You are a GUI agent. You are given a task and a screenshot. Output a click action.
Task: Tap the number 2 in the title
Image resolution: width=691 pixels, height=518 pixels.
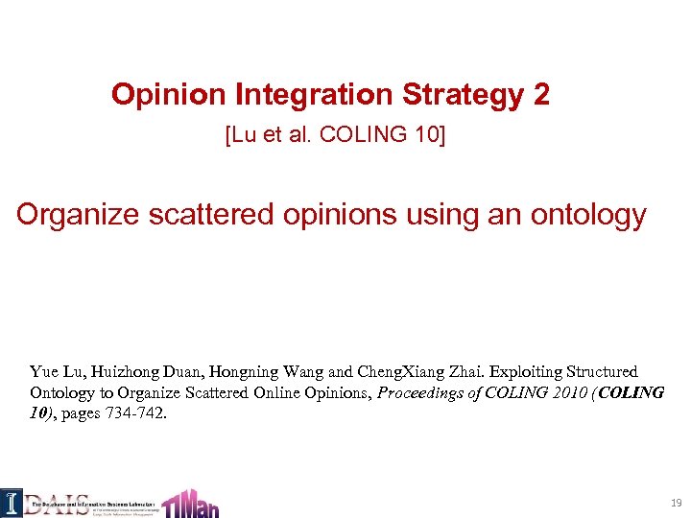tap(541, 94)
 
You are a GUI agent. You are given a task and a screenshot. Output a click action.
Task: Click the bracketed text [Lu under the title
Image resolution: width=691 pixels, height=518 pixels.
tap(240, 135)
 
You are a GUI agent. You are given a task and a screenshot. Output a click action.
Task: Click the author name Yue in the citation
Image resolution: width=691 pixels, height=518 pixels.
tap(44, 371)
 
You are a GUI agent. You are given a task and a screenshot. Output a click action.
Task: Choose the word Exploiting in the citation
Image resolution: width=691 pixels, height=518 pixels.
tap(517, 371)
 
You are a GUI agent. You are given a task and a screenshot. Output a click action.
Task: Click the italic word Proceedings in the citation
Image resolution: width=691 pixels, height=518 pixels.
tap(419, 393)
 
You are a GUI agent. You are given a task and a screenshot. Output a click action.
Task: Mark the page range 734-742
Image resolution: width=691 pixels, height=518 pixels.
tap(136, 414)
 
